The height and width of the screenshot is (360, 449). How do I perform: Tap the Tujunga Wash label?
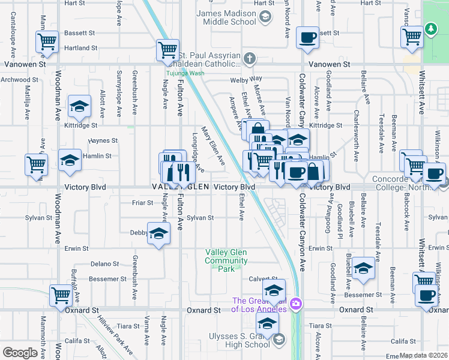185,73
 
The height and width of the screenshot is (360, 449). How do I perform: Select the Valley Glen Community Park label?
226,261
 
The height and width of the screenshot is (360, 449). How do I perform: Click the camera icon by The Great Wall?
295,304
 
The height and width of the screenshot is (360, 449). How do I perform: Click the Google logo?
20,353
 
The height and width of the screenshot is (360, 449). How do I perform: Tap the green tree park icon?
430,28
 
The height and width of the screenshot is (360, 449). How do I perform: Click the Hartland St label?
82,48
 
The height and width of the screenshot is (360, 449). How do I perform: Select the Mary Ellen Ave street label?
213,146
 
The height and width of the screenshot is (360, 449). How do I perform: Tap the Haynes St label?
103,140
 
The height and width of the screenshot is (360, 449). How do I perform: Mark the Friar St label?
142,203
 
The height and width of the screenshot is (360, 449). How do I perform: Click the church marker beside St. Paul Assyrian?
250,59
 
